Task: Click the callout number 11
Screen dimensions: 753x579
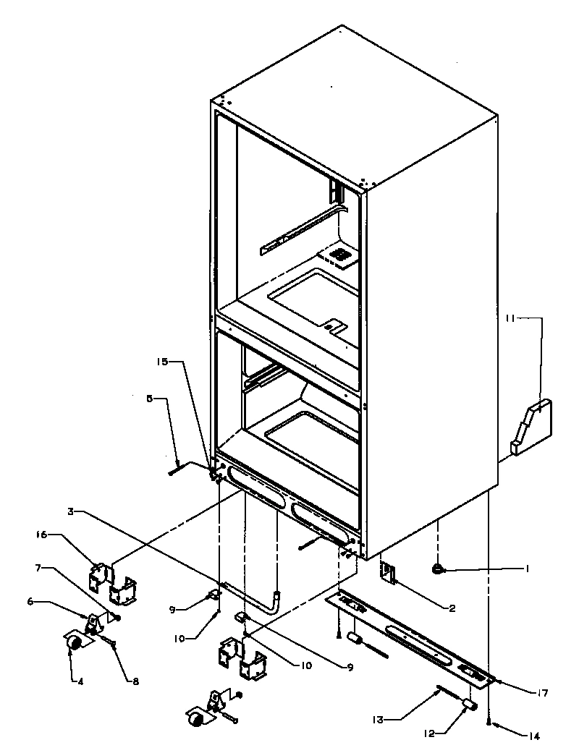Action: tap(510, 317)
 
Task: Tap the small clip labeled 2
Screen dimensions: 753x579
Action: tap(388, 574)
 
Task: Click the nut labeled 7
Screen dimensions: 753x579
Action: tap(117, 617)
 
